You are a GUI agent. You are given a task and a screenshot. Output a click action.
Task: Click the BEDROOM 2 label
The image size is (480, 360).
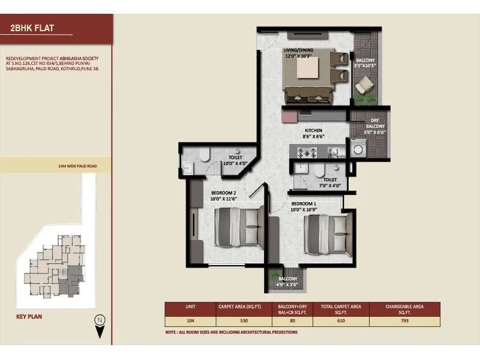point(223,193)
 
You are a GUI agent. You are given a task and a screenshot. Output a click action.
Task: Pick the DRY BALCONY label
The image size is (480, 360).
point(374,123)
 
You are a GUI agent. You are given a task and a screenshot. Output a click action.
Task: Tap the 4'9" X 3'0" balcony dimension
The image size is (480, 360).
point(289,286)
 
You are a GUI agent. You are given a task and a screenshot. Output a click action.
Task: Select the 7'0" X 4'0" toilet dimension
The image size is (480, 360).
point(329,186)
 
